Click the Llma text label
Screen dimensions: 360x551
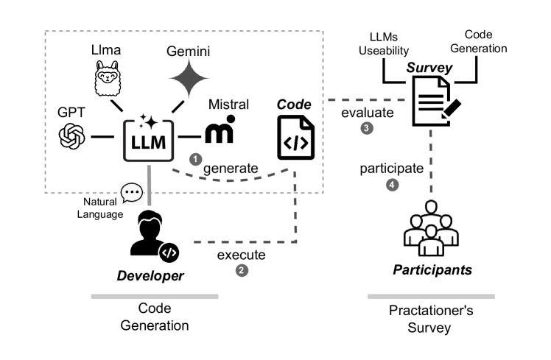106,50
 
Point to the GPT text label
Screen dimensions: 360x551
72,113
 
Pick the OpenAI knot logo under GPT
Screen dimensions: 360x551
73,135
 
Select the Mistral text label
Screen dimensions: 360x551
228,105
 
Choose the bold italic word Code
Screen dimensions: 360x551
293,105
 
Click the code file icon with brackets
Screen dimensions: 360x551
295,138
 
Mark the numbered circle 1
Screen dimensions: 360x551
195,158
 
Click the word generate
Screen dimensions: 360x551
231,169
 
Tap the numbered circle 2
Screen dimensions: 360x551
242,270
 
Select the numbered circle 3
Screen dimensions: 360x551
367,128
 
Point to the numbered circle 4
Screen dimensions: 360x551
393,185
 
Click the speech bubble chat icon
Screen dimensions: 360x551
132,194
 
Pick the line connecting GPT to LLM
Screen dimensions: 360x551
102,136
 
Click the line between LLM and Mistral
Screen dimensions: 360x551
190,136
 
